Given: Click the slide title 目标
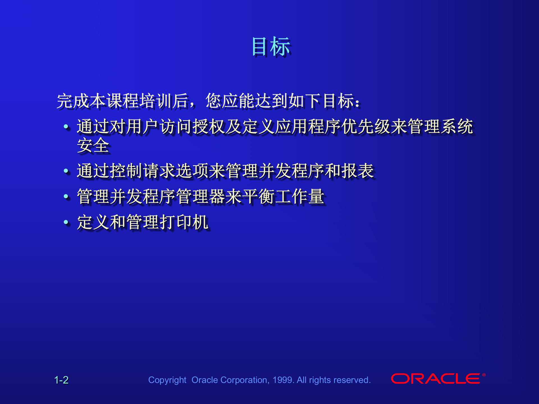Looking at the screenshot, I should click(271, 47).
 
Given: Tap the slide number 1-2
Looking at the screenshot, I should click(61, 380).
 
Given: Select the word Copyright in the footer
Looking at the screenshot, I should click(167, 380).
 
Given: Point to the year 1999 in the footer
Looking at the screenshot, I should click(283, 380).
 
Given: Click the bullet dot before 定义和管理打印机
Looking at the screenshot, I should click(66, 222).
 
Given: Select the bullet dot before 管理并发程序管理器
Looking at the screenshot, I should click(66, 197).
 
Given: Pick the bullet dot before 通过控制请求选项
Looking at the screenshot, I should click(66, 171).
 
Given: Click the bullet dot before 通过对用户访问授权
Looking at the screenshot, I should click(66, 127).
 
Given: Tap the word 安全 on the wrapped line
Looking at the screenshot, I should click(93, 146).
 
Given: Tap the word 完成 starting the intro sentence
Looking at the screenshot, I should click(73, 101).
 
